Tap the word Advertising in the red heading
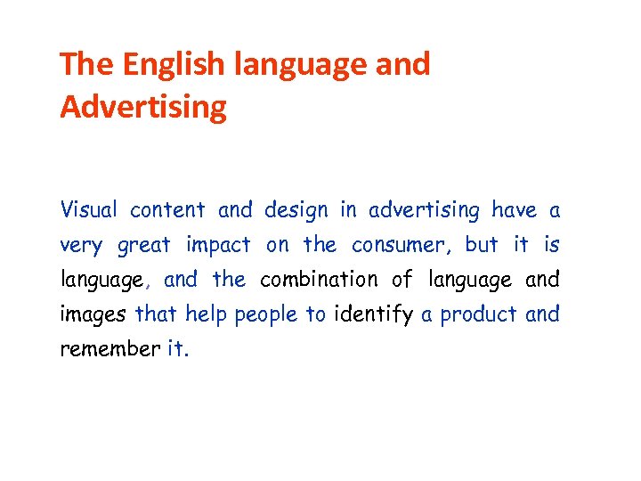(x=143, y=108)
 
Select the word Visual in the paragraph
(x=88, y=210)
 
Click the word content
(x=167, y=210)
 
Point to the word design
(x=296, y=210)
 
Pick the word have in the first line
(x=515, y=210)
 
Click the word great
(x=143, y=245)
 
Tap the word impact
(x=218, y=245)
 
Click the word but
(x=481, y=245)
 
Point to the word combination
(x=319, y=280)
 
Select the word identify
(x=373, y=314)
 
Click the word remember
(x=110, y=348)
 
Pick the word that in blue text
(x=156, y=314)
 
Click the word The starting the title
(x=87, y=64)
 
